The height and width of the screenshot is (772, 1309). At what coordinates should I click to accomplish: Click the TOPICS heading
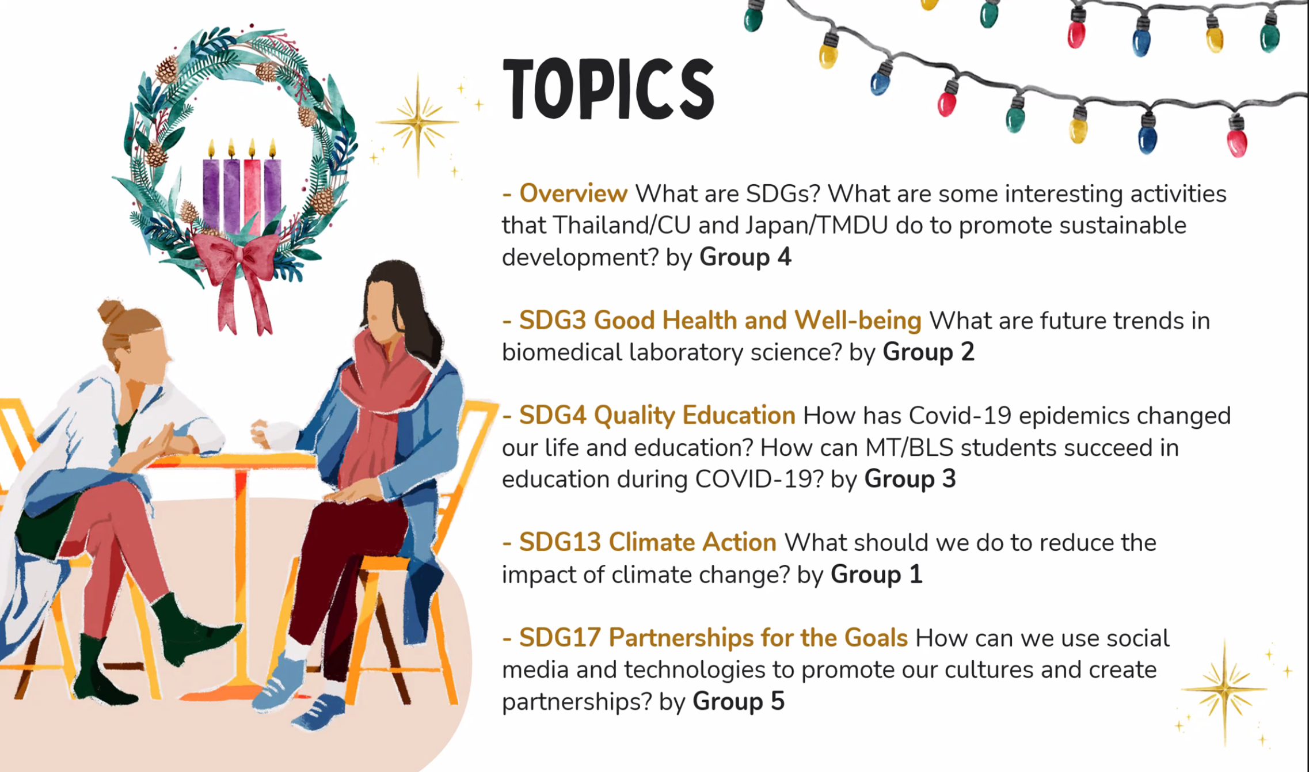608,89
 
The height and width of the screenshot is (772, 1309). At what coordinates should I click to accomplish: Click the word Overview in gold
573,194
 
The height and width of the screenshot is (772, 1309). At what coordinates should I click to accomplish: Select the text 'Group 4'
745,257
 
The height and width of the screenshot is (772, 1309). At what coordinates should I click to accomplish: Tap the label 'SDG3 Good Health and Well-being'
720,321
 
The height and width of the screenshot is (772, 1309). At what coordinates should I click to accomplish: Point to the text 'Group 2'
929,352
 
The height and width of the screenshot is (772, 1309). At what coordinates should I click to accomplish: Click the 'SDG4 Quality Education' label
657,416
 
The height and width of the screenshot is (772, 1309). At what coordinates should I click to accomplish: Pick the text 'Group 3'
910,479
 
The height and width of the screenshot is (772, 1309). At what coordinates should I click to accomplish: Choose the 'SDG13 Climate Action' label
648,543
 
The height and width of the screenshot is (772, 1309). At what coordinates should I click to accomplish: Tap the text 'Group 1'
876,575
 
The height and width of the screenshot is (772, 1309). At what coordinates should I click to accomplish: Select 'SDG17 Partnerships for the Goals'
713,638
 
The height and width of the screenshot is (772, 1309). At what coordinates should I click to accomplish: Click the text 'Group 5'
739,702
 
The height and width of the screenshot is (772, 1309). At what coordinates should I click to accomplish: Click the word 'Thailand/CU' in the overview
622,226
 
